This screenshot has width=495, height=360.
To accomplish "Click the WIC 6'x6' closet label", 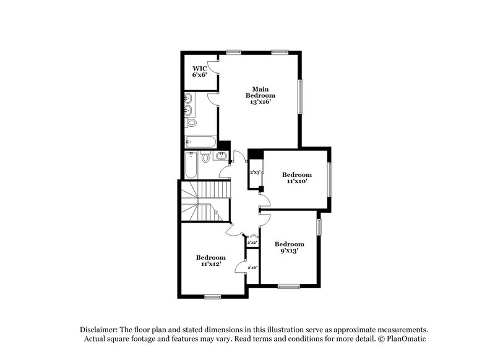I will pos(199,71).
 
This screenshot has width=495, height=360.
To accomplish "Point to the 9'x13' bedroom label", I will pos(290,247).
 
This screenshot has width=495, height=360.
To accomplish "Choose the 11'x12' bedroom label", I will pos(211,260).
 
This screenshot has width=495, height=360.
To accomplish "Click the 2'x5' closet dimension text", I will pos(254,173).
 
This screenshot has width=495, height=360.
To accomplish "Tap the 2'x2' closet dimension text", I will pos(252,242).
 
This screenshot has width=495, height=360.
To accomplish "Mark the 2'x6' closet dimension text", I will pos(252,267).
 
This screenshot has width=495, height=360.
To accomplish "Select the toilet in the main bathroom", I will pos(191,122).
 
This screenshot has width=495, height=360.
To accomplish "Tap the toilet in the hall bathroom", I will pos(205,158).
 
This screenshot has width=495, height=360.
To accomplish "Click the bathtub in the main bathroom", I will pos(200,142).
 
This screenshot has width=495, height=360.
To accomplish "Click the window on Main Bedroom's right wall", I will pos(301,96).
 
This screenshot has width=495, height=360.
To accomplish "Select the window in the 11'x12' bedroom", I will pos(212,297).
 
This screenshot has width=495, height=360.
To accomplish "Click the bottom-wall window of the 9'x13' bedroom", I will pos(288,285).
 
